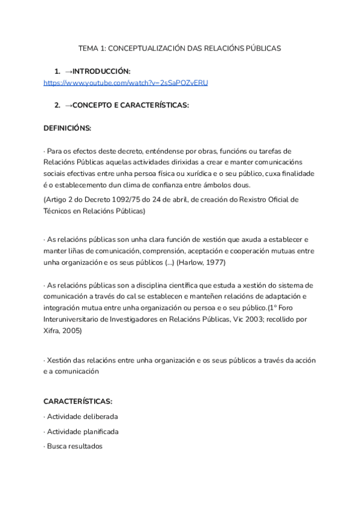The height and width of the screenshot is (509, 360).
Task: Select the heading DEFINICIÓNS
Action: (x=68, y=128)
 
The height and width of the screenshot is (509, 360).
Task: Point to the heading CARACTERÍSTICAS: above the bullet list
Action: (x=78, y=402)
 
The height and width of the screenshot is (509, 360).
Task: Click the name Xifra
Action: (x=53, y=331)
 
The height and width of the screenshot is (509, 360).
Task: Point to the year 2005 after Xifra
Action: (x=73, y=331)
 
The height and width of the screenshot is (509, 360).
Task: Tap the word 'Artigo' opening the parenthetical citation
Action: (x=57, y=199)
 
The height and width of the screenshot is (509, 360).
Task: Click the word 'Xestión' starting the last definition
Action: (x=60, y=360)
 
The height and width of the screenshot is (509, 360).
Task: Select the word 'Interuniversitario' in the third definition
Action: (x=76, y=319)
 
